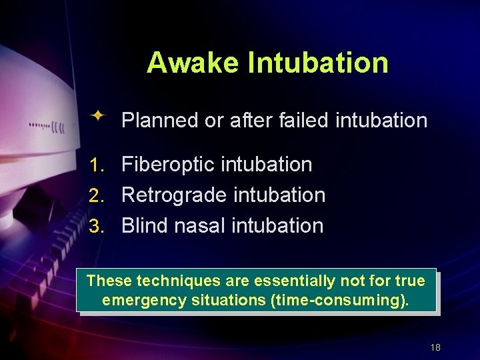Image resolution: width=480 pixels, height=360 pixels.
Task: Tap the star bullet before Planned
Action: (98, 117)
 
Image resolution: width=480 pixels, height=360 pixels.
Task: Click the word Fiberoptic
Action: (172, 165)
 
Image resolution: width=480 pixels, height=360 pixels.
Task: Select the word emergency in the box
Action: (144, 301)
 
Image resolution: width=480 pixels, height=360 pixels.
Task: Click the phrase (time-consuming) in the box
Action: (339, 301)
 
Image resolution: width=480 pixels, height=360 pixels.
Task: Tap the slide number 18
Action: (436, 347)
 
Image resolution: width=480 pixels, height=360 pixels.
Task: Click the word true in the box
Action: (410, 281)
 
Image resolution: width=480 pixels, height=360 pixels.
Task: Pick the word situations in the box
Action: (228, 301)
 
